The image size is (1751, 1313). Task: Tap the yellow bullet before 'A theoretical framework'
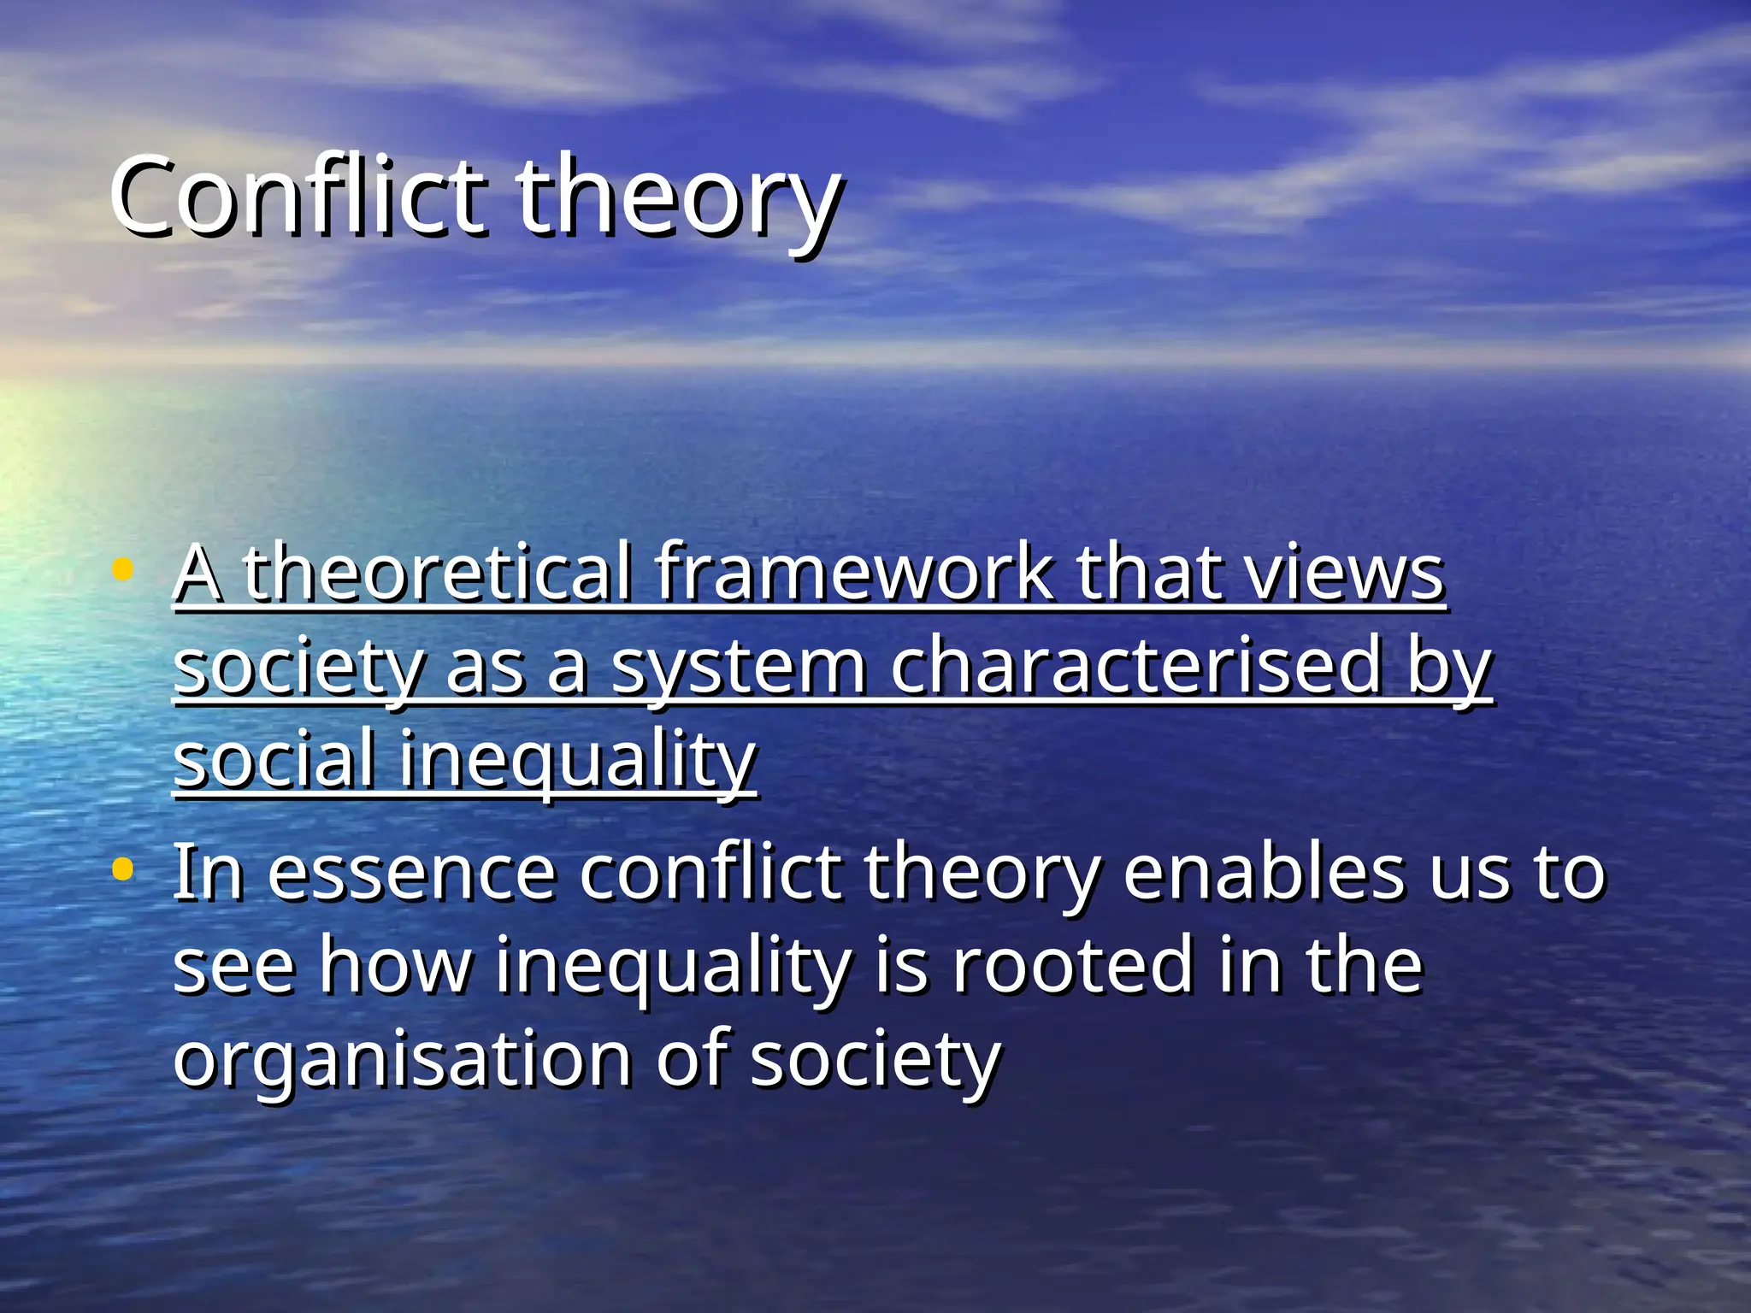(123, 569)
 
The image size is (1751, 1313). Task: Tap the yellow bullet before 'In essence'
(123, 870)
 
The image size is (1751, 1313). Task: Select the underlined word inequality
(578, 761)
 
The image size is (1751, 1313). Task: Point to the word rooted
(1072, 966)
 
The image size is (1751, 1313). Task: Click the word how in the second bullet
(395, 966)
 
